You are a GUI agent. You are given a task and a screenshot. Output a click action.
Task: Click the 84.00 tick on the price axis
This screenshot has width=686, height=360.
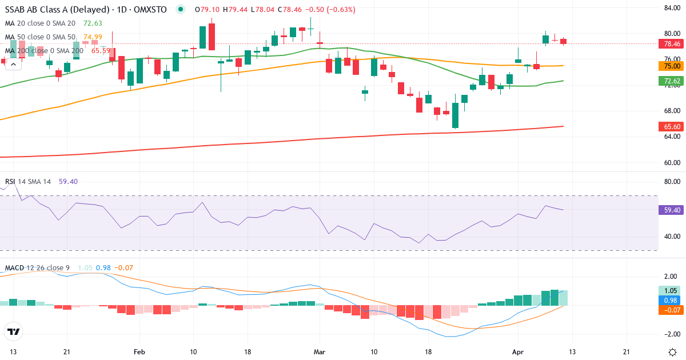[x=671, y=8]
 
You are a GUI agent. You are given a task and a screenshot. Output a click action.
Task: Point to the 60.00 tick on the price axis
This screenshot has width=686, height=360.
[x=671, y=162]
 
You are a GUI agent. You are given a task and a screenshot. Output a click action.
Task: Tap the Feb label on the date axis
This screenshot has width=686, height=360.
[x=139, y=351]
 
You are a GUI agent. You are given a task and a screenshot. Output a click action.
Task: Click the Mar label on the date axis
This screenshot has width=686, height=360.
[x=320, y=351]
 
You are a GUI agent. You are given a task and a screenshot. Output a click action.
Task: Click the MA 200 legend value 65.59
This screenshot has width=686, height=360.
[x=101, y=50]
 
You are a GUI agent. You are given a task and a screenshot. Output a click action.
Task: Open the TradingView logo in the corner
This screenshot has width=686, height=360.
[x=13, y=331]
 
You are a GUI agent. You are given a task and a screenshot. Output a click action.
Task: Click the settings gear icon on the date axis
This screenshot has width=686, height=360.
[x=673, y=351]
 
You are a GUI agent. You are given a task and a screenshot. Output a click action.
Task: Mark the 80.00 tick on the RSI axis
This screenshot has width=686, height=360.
[x=671, y=182]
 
